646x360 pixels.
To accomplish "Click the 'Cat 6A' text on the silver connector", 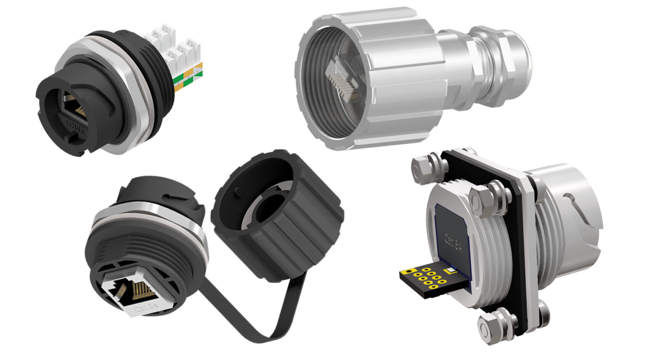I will tap(453, 244).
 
